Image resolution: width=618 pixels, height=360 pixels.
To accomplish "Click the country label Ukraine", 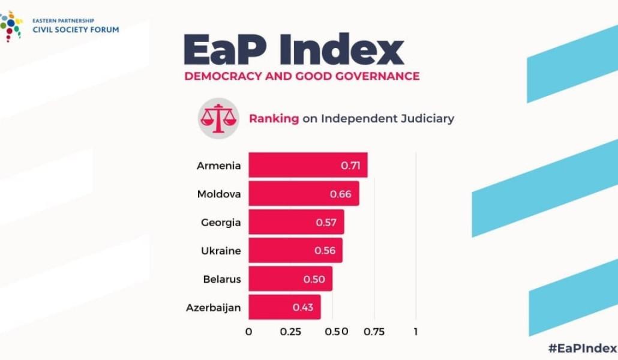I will click(221, 250).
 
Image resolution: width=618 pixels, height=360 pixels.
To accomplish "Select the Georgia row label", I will click(221, 223).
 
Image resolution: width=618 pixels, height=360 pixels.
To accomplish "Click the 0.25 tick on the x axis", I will click(290, 332).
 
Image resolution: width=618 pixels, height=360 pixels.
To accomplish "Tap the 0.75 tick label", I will click(374, 332).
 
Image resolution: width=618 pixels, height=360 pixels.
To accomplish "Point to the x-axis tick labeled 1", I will click(415, 332).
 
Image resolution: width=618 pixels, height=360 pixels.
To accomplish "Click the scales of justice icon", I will click(215, 118).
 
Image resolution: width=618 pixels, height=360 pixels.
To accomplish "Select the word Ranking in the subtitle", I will click(274, 118).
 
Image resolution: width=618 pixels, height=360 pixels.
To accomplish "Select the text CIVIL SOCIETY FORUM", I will click(67, 29).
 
